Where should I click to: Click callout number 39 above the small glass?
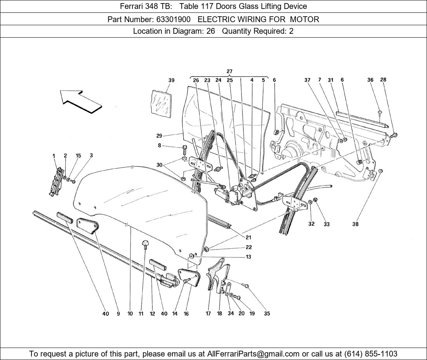click(171, 80)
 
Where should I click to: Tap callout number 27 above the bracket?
click(229, 71)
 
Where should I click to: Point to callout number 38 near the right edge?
click(355, 224)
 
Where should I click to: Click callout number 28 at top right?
click(383, 80)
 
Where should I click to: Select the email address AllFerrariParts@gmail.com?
click(253, 354)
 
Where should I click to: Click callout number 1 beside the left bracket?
click(54, 156)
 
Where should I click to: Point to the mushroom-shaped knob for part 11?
click(146, 244)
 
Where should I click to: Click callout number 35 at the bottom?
click(267, 313)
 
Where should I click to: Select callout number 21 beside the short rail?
click(248, 237)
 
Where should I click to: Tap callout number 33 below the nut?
click(326, 224)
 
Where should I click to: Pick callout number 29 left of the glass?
click(159, 136)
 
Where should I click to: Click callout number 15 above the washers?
click(78, 156)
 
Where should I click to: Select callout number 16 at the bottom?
click(186, 313)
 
